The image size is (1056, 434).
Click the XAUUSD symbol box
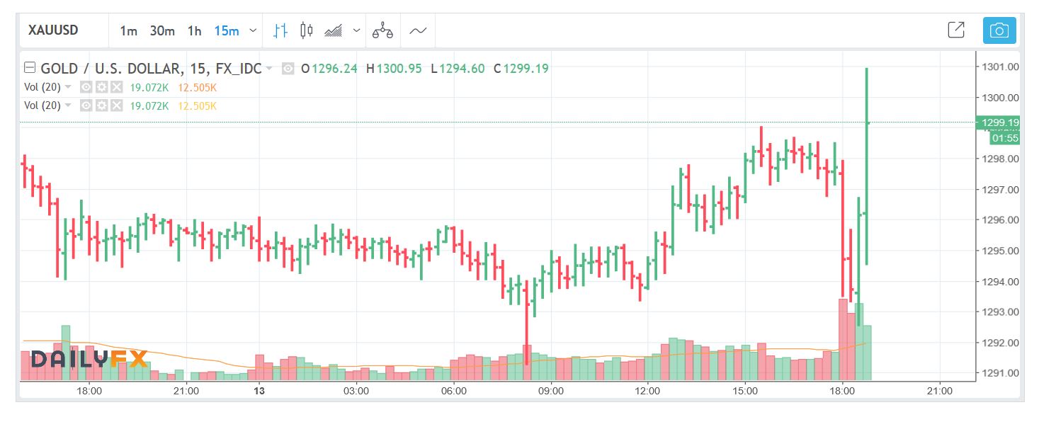click(x=54, y=30)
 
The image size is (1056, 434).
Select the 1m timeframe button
click(x=128, y=30)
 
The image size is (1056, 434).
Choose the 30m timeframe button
click(x=162, y=30)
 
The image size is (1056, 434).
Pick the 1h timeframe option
click(x=194, y=30)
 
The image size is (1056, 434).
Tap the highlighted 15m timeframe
click(x=226, y=30)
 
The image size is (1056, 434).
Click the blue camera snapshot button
click(x=999, y=30)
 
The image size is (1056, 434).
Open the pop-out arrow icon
click(x=955, y=30)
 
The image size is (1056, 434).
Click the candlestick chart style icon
click(x=306, y=30)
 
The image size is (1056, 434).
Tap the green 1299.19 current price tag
click(x=999, y=122)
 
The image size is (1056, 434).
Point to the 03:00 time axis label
click(x=356, y=391)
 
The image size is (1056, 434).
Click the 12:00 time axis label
click(x=648, y=391)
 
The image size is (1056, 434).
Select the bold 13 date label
click(x=259, y=391)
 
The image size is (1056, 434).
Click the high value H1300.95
click(x=394, y=69)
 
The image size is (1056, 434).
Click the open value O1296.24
click(x=329, y=69)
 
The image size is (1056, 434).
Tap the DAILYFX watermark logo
click(x=89, y=360)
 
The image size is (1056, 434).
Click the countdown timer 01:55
click(x=1005, y=138)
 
